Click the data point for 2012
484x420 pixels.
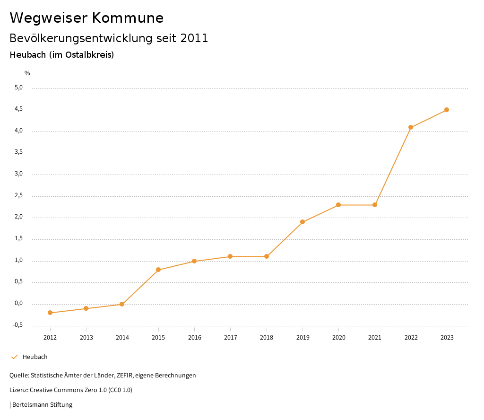[50, 313]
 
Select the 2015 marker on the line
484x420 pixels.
[158, 270]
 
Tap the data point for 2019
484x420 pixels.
[302, 222]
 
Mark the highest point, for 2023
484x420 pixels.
[447, 110]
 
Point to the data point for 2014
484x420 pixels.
[122, 304]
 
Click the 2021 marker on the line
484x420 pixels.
[375, 205]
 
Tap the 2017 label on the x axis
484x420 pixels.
[230, 338]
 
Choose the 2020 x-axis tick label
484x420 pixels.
[338, 338]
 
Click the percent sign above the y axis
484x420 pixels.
[27, 73]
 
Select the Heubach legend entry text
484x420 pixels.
[35, 357]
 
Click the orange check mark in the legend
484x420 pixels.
[14, 357]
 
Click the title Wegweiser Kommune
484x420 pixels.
[86, 18]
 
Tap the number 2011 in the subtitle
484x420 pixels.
[194, 38]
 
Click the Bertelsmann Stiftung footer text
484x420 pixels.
[42, 405]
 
